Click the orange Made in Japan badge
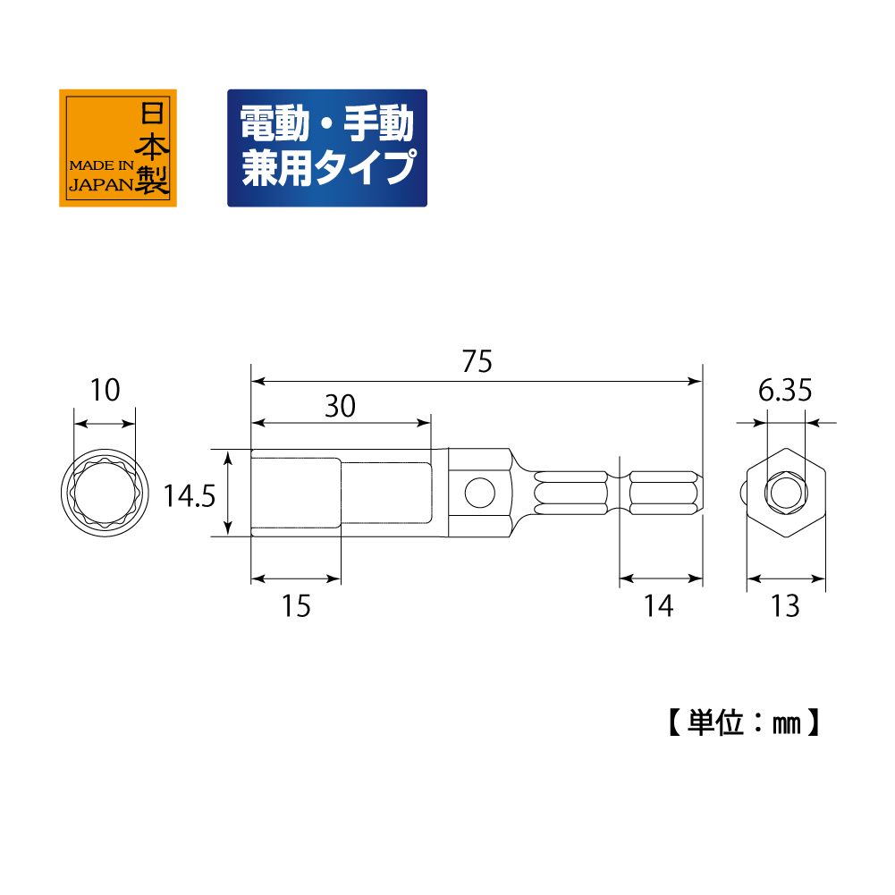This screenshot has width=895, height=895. [x=118, y=148]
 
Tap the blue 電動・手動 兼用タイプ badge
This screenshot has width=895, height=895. [x=327, y=148]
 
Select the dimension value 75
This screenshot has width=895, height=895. [x=477, y=361]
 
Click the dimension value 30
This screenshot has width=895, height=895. [x=340, y=406]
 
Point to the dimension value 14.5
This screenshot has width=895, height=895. [x=190, y=495]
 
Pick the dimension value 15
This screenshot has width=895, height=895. [x=296, y=605]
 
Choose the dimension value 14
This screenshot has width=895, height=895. [x=659, y=605]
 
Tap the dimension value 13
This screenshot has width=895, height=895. [x=785, y=605]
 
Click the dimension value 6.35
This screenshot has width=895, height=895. [x=785, y=391]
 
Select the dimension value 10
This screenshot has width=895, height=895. [x=105, y=391]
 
